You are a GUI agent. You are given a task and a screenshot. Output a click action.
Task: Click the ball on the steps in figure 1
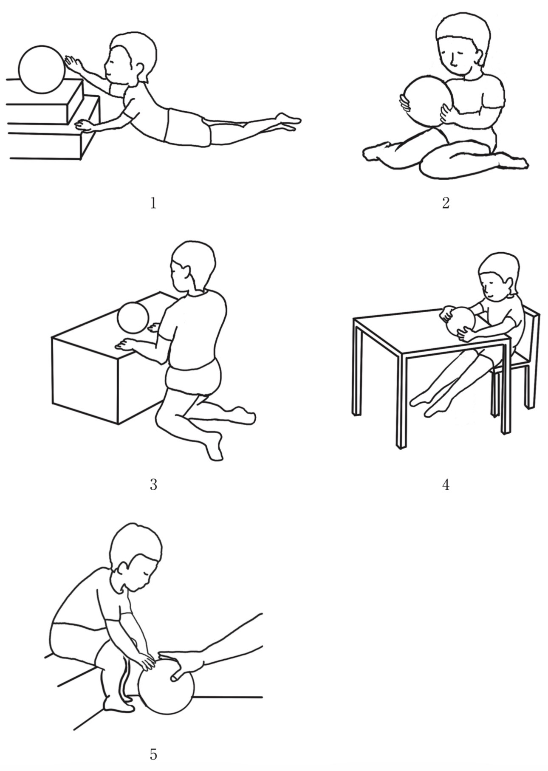41,70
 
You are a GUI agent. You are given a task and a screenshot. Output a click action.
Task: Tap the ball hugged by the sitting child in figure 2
427,101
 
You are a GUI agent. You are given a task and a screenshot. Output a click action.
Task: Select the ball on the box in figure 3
133,317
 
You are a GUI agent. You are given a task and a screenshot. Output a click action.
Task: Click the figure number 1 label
153,203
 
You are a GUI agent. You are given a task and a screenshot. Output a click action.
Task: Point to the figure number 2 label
446,203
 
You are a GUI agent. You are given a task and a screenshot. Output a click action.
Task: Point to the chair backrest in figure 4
531,336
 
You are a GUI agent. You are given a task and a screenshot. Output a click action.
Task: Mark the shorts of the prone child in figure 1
187,126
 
